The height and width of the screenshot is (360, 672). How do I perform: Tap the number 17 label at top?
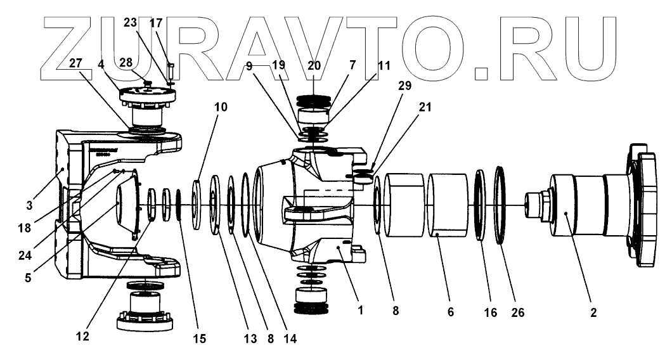click(156, 23)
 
